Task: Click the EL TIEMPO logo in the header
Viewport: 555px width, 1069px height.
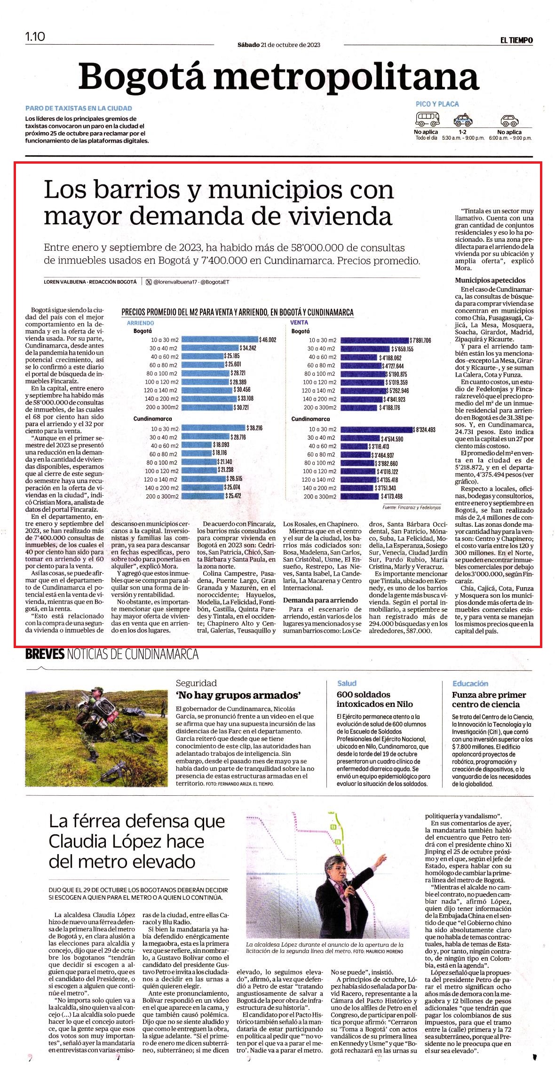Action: pyautogui.click(x=516, y=40)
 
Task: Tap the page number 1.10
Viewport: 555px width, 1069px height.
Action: pyautogui.click(x=35, y=36)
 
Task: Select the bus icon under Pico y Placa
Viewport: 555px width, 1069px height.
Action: pyautogui.click(x=427, y=118)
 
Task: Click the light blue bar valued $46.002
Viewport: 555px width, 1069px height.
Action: pyautogui.click(x=220, y=340)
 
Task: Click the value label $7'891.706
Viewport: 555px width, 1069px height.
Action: pyautogui.click(x=420, y=340)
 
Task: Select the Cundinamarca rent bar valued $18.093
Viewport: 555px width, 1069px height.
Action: pyautogui.click(x=197, y=446)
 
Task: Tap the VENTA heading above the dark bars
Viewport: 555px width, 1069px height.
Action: pyautogui.click(x=299, y=323)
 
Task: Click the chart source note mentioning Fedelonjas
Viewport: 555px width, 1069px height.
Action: pyautogui.click(x=412, y=507)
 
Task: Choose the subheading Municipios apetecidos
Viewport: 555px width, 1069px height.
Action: pyautogui.click(x=490, y=280)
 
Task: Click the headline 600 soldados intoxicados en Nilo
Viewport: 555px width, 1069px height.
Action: pyautogui.click(x=375, y=699)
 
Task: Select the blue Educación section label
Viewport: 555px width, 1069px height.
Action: pyautogui.click(x=470, y=683)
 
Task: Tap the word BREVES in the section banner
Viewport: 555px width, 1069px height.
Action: pyautogui.click(x=44, y=654)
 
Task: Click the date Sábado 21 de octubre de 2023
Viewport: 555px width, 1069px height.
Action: pyautogui.click(x=279, y=45)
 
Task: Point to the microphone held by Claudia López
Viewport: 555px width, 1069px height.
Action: pyautogui.click(x=345, y=881)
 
